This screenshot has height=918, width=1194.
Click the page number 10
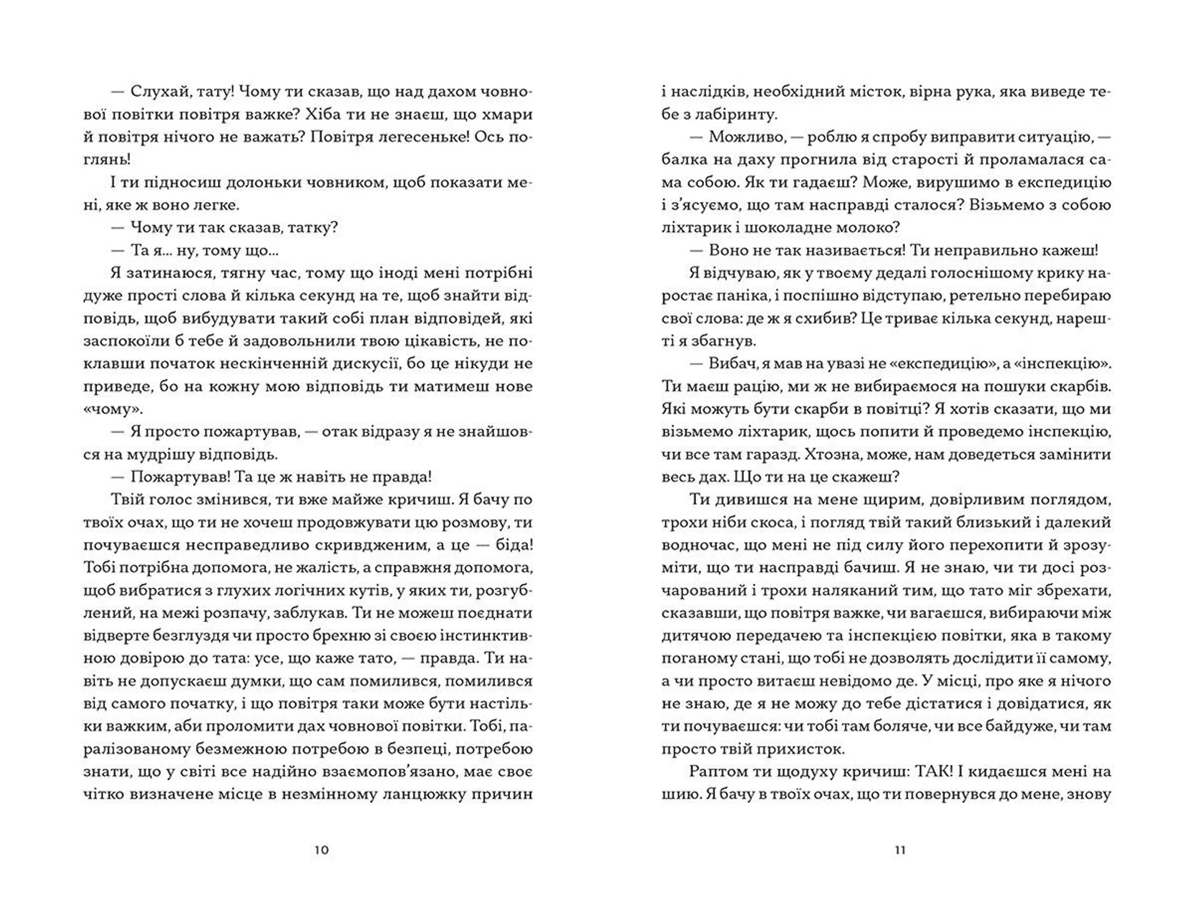coord(322,850)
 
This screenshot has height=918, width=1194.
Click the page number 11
coord(900,850)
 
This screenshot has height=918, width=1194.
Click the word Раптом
coord(715,772)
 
